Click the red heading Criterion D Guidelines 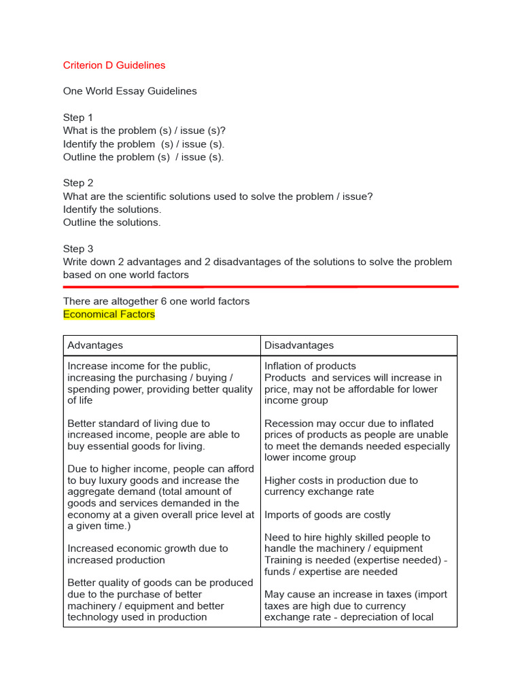pos(114,65)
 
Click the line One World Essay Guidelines pos(130,91)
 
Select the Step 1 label pos(78,118)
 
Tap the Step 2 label pos(78,183)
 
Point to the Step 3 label pos(78,249)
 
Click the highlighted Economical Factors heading pos(109,314)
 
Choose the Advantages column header pos(95,345)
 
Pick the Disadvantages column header pos(299,345)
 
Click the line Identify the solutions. pos(112,209)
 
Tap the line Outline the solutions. pos(112,222)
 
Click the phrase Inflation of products pos(310,366)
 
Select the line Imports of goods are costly pos(328,515)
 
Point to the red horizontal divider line pos(261,287)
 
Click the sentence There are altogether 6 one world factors pos(156,301)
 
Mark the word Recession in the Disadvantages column pos(289,423)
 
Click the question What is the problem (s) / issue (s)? pos(144,130)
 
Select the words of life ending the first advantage pos(80,400)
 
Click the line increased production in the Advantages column pos(116,560)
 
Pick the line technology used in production pos(137,617)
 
